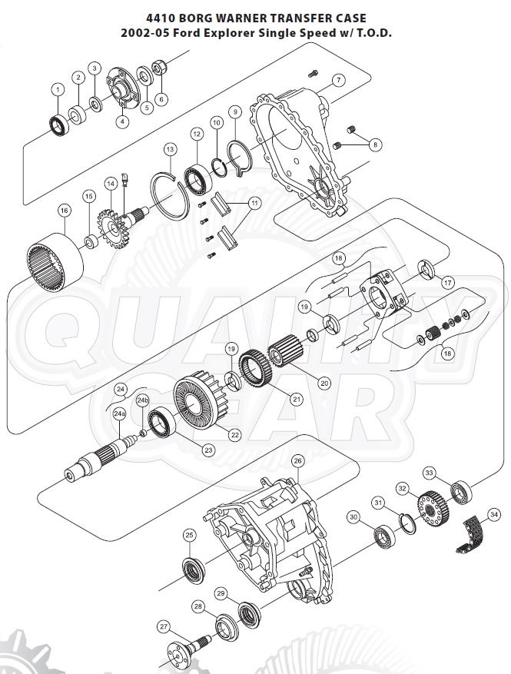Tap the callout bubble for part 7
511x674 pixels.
coord(336,81)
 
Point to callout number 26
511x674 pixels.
coord(298,460)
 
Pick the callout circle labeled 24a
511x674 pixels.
coord(119,413)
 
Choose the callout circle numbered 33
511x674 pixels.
coord(430,473)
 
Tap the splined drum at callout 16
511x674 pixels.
coord(55,259)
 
